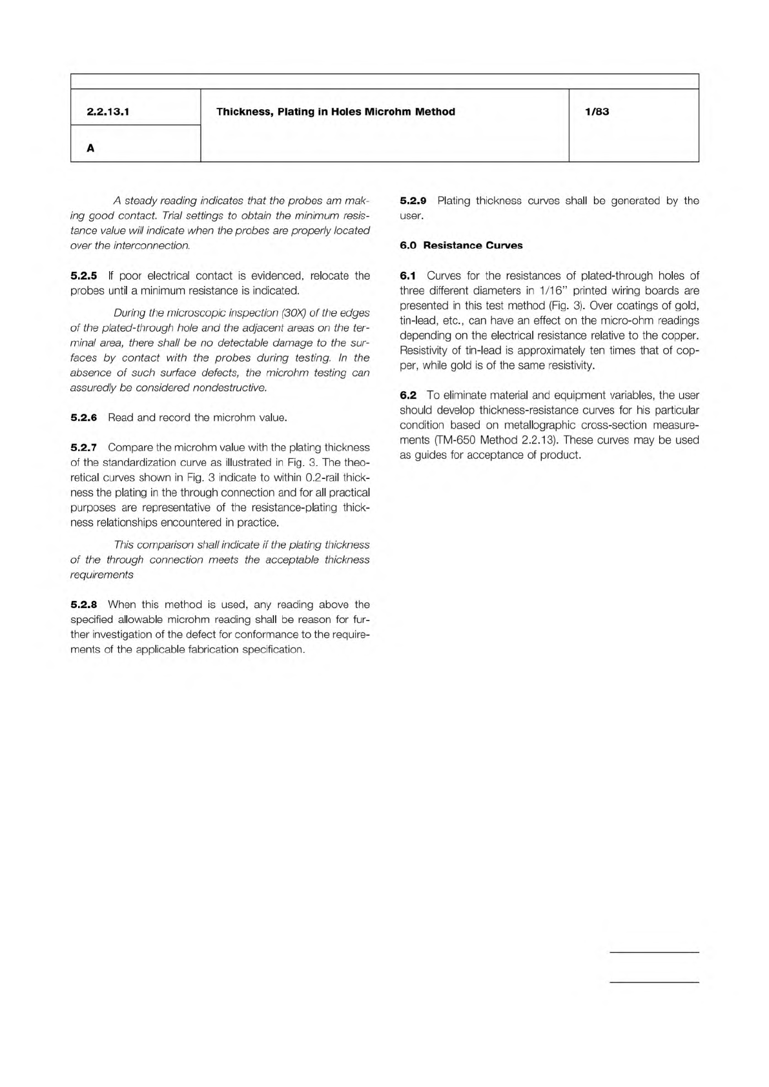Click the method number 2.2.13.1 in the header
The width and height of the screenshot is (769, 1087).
tap(108, 112)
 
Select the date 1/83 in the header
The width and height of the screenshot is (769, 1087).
tap(597, 112)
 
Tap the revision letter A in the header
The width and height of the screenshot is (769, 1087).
tap(90, 148)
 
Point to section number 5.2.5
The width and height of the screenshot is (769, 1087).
tap(83, 276)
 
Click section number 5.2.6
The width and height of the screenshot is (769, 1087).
tap(83, 418)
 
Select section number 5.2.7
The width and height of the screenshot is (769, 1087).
tap(83, 447)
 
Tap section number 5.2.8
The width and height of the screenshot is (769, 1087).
tap(83, 605)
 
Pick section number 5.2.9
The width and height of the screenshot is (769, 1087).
tap(413, 201)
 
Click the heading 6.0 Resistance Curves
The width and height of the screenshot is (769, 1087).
tap(461, 245)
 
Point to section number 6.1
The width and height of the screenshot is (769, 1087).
tap(408, 276)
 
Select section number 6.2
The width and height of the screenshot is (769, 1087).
tap(408, 395)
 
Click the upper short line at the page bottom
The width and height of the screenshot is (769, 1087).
tap(654, 952)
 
